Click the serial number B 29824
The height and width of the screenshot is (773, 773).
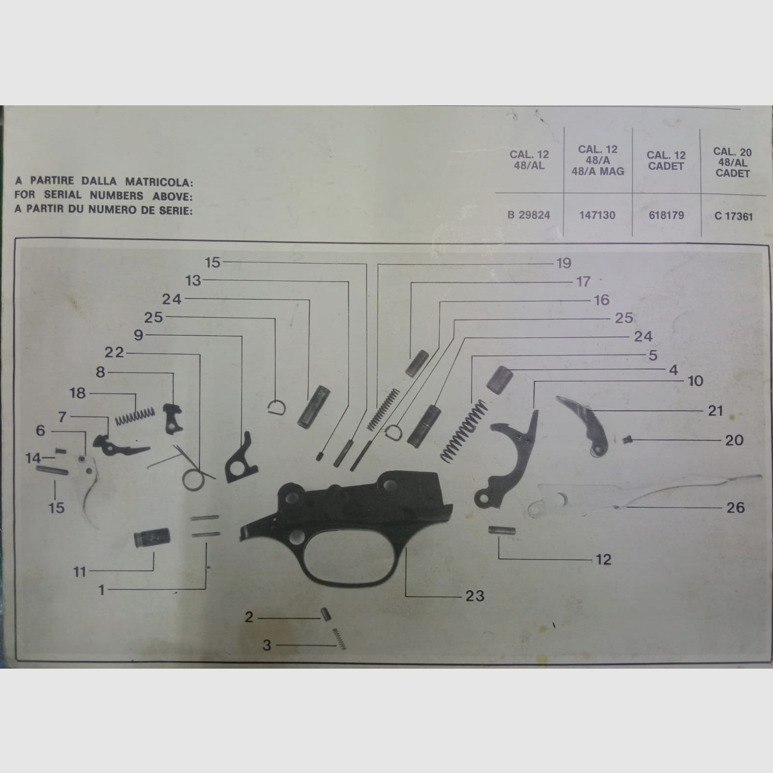click(529, 215)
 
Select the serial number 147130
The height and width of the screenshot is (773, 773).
click(597, 215)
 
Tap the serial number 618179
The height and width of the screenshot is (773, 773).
click(666, 215)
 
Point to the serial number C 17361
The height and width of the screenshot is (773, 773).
click(733, 216)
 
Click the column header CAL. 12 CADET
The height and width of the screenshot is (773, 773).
click(666, 161)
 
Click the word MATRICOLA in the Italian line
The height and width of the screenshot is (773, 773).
click(159, 182)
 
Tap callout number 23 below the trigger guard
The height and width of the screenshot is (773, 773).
click(475, 596)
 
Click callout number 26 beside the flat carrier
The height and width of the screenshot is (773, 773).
click(735, 507)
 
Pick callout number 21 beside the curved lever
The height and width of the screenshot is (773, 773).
click(715, 411)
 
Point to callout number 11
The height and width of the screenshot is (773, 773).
click(79, 572)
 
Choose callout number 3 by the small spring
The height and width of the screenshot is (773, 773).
click(267, 645)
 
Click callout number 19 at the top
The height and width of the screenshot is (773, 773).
click(564, 263)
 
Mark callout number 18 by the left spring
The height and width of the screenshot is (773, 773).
click(77, 393)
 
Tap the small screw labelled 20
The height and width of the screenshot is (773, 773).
click(627, 439)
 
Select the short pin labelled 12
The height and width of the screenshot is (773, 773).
click(502, 530)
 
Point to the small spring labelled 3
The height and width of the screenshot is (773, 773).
click(339, 639)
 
